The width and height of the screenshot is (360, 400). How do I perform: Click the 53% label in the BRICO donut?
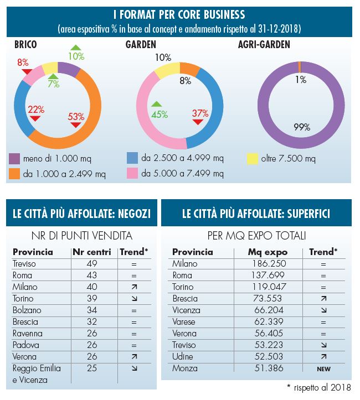pyautogui.click(x=76, y=117)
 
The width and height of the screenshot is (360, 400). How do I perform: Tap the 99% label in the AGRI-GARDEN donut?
pyautogui.click(x=302, y=127)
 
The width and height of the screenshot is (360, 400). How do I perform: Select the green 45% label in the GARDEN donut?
pyautogui.click(x=160, y=115)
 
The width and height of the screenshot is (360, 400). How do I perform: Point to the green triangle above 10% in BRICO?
pyautogui.click(x=76, y=48)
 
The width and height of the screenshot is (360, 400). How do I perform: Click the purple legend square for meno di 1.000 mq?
pyautogui.click(x=14, y=159)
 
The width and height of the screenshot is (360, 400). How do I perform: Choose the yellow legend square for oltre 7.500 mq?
pyautogui.click(x=252, y=159)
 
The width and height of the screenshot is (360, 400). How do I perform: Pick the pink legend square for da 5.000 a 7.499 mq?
pyautogui.click(x=132, y=174)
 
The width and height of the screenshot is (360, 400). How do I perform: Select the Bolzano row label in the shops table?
pyautogui.click(x=27, y=310)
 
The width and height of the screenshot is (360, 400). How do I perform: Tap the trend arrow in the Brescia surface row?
pyautogui.click(x=323, y=298)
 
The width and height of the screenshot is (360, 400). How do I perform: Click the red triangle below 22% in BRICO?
pyautogui.click(x=35, y=118)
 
